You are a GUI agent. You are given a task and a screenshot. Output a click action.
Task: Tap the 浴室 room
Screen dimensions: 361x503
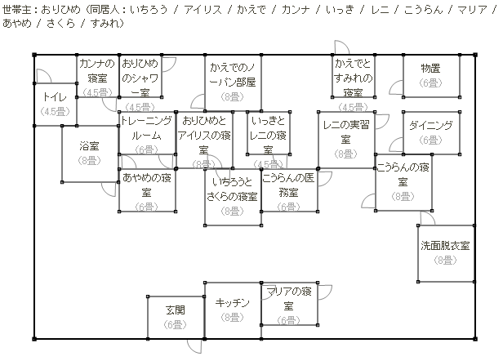(89, 154)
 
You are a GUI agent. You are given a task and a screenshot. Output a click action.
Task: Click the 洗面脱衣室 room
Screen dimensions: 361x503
(444, 252)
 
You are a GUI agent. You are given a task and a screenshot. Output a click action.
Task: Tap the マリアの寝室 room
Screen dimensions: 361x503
(288, 305)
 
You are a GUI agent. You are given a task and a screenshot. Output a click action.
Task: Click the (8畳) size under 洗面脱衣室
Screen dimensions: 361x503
(444, 261)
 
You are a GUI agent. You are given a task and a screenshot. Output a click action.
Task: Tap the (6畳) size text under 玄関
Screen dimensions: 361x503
(175, 324)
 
